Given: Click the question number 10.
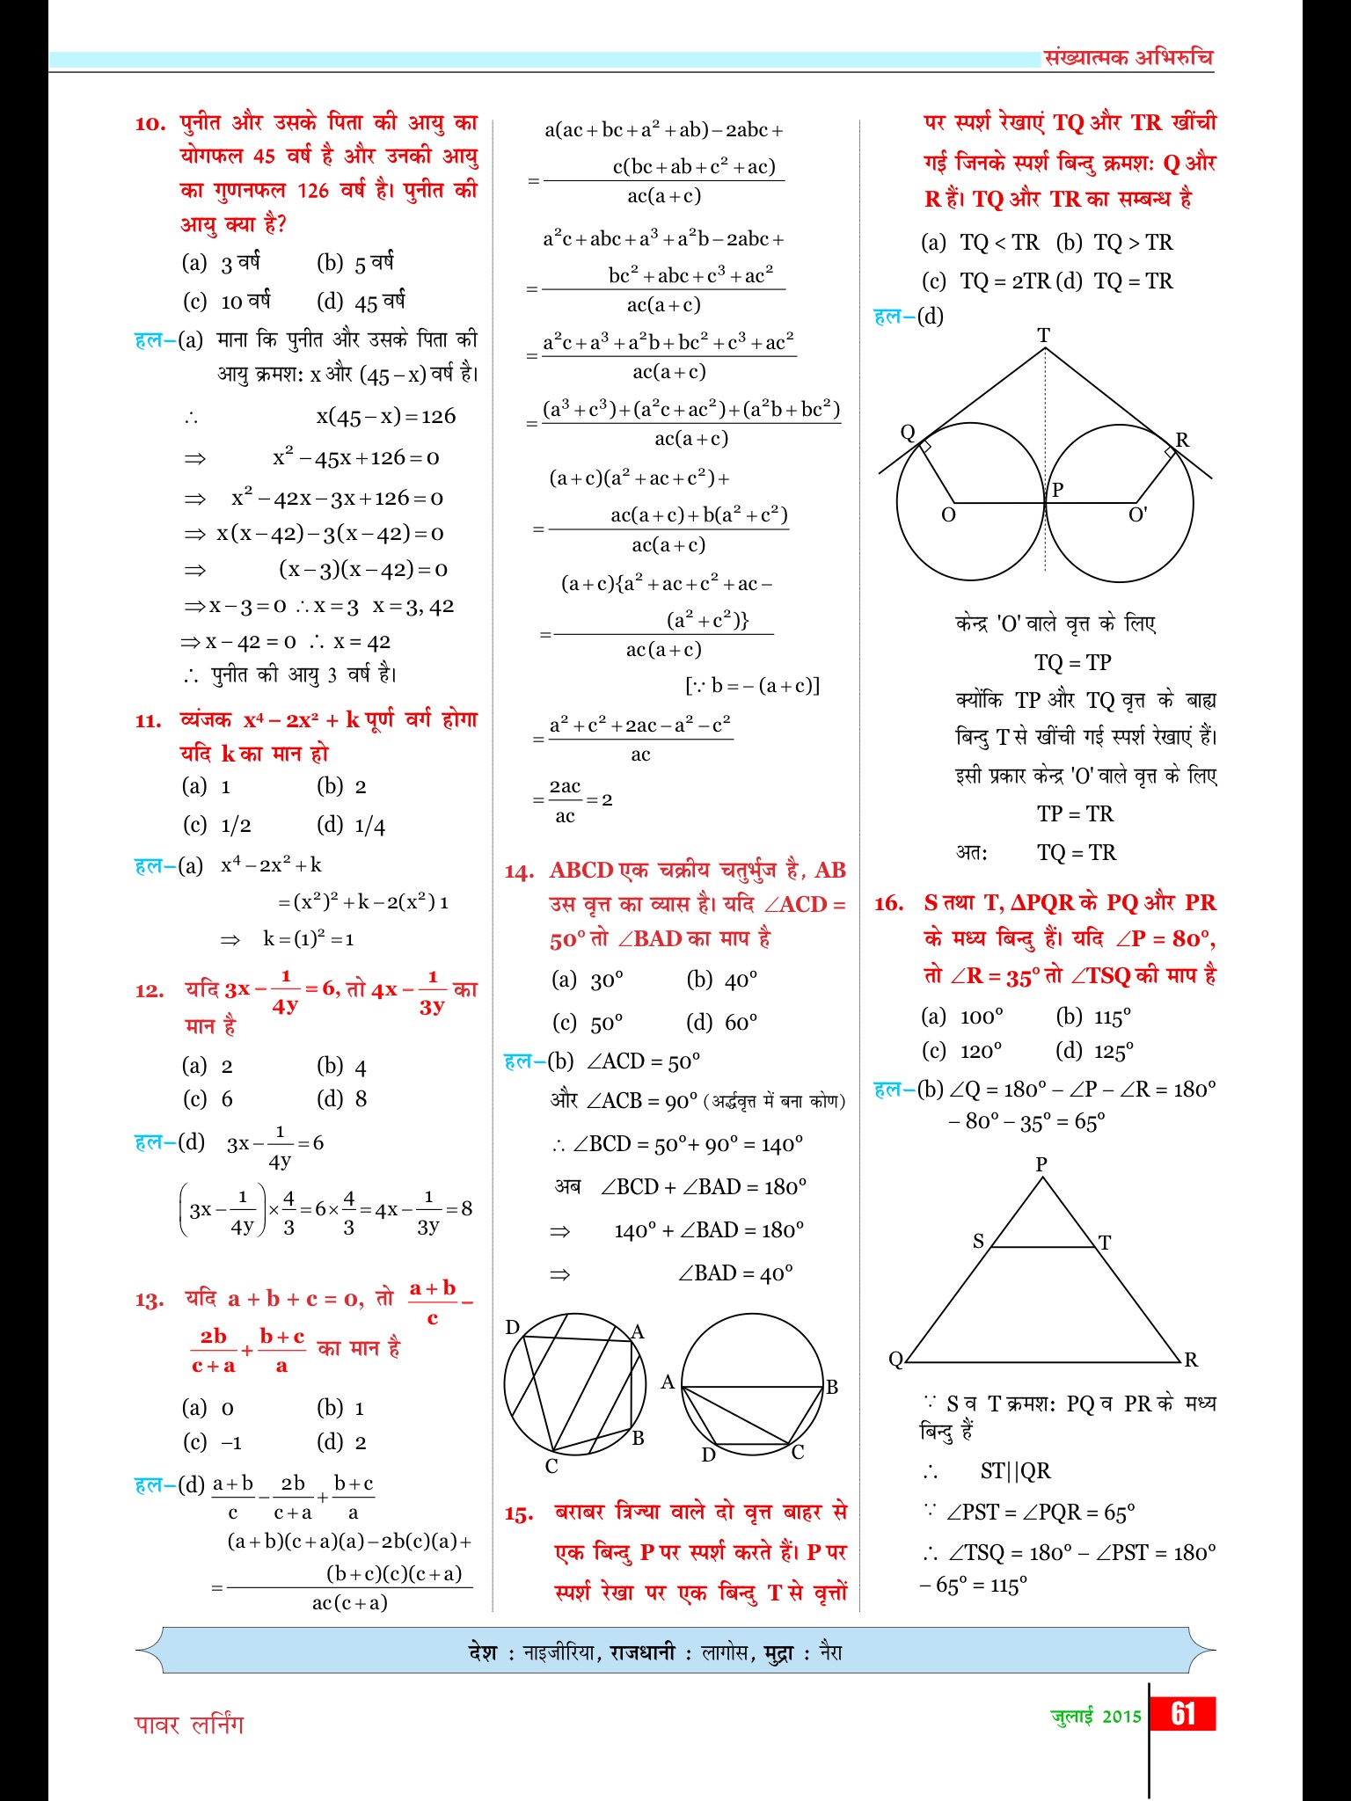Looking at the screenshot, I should pos(150,124).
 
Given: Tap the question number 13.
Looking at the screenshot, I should pos(150,1300).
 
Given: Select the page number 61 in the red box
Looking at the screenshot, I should pos(1183,1714).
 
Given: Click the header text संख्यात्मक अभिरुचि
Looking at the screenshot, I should pos(1128,58).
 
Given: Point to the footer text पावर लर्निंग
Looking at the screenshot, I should pos(189,1724).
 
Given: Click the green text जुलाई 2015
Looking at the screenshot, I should pos(1096,1716).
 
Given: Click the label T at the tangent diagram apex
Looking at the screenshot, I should pos(1043,335).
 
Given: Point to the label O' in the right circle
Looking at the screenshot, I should pos(1137,514).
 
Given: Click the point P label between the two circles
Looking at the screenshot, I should pos(1058,490).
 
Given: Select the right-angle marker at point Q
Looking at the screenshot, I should pos(924,447).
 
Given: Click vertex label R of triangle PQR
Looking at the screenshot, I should pos(1191,1360).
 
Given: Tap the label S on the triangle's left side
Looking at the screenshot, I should pos(978,1241).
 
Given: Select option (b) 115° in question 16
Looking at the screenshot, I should pos(1093,1017).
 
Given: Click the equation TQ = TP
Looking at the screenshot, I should pos(1073,662).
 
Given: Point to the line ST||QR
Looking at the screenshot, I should pos(1015,1470).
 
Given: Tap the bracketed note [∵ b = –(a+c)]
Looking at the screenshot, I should pos(752,685).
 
